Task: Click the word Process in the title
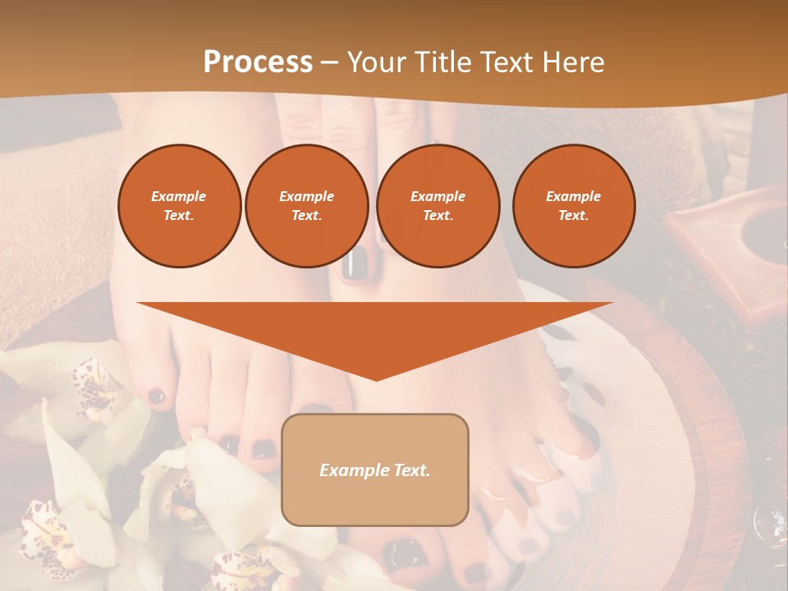click(258, 62)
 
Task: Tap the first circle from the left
click(179, 206)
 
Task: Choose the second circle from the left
click(307, 206)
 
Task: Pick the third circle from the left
click(438, 206)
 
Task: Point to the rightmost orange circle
click(574, 206)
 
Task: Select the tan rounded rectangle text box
click(375, 470)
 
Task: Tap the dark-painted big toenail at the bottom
click(404, 552)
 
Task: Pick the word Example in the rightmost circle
click(574, 197)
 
